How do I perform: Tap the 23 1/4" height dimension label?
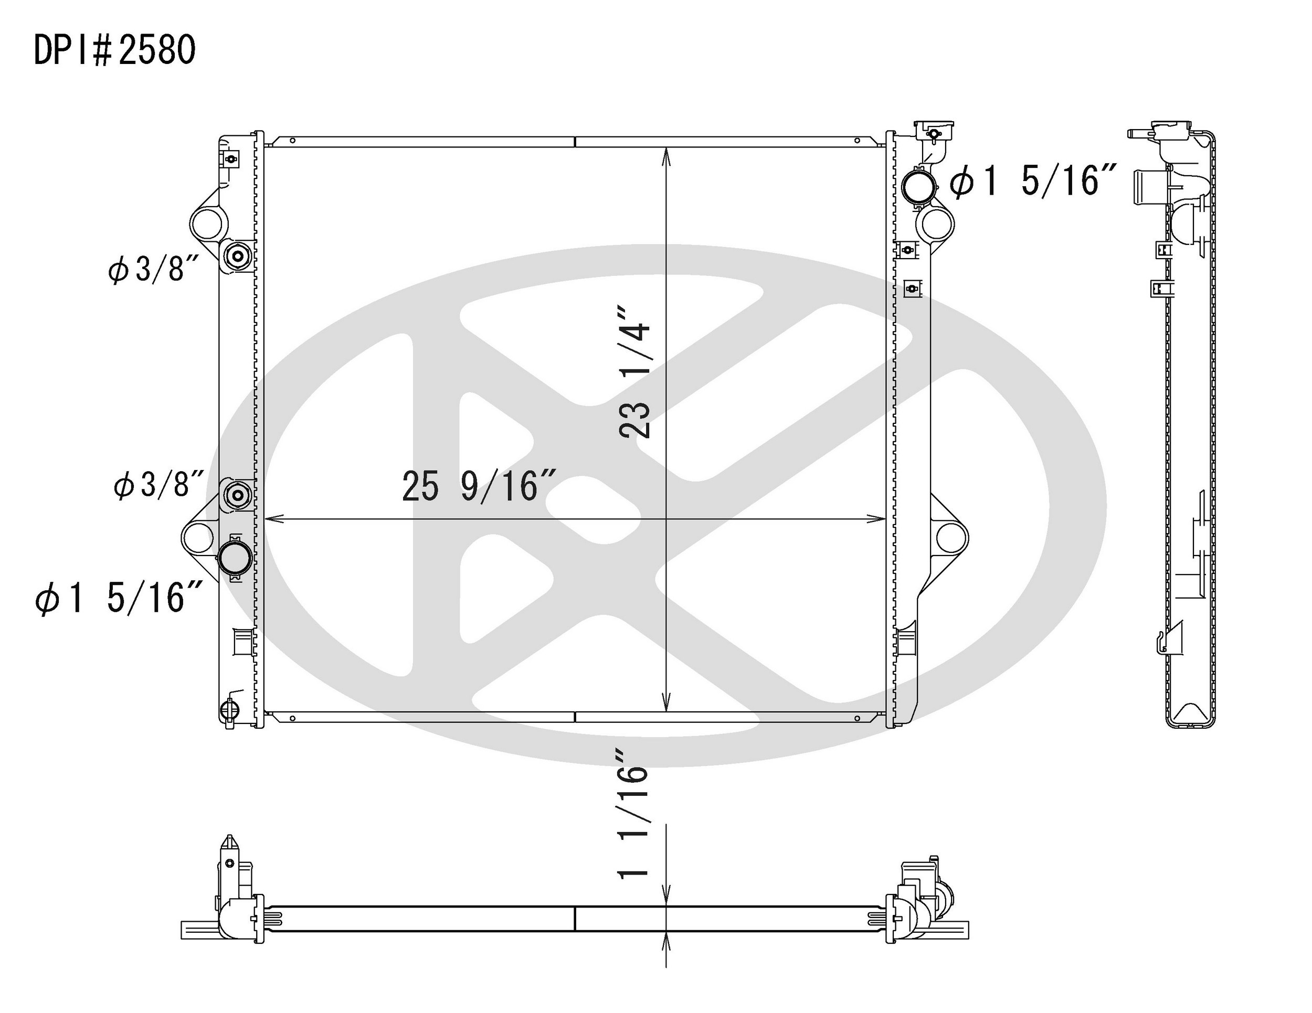coord(635,372)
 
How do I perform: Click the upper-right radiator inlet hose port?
coord(918,187)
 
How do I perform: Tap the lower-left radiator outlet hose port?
coord(235,559)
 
